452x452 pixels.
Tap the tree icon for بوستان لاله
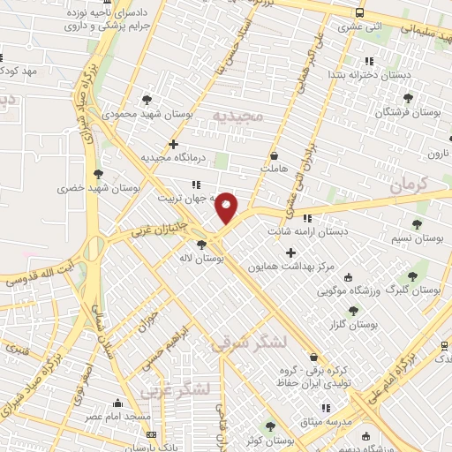(202, 245)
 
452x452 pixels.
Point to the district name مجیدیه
(234, 117)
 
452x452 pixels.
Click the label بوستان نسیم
(418, 238)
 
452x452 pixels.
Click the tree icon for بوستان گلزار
(353, 310)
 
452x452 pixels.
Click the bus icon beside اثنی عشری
(358, 12)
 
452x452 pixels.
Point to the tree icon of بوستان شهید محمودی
(147, 100)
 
